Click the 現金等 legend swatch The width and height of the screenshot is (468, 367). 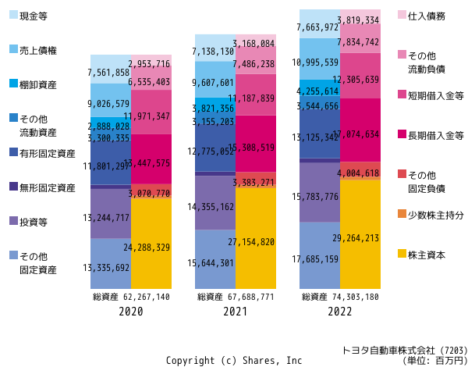click(13, 15)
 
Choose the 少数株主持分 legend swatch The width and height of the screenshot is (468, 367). click(402, 213)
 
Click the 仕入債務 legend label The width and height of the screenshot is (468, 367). click(427, 16)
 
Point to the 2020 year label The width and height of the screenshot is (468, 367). click(131, 311)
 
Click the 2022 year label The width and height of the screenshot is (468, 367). click(340, 311)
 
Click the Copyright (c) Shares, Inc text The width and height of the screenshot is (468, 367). click(233, 360)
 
